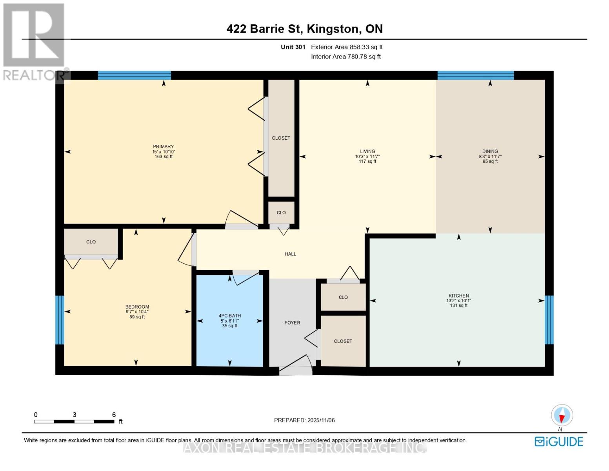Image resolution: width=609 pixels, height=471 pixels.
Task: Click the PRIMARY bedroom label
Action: pyautogui.click(x=164, y=146)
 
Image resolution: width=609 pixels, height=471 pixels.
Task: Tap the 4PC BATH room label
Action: pyautogui.click(x=229, y=316)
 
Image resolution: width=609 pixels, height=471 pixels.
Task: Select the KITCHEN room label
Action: pyautogui.click(x=458, y=296)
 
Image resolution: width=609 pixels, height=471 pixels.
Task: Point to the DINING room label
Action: pyautogui.click(x=490, y=151)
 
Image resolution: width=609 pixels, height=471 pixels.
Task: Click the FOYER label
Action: pyautogui.click(x=292, y=323)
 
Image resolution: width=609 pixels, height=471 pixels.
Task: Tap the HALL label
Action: pyautogui.click(x=290, y=254)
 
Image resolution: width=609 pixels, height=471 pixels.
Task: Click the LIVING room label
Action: pyautogui.click(x=367, y=151)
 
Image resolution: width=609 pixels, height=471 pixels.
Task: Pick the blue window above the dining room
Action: pyautogui.click(x=476, y=75)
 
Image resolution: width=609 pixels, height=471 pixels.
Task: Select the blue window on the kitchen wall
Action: pyautogui.click(x=549, y=320)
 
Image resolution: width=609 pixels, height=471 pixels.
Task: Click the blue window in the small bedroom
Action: pyautogui.click(x=60, y=320)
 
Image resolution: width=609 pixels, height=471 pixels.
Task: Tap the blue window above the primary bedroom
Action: pyautogui.click(x=134, y=75)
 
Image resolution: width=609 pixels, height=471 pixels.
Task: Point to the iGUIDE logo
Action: pyautogui.click(x=559, y=442)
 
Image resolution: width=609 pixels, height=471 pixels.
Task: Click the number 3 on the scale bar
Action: pyautogui.click(x=74, y=414)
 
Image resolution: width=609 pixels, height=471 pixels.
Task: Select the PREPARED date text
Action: pyautogui.click(x=304, y=420)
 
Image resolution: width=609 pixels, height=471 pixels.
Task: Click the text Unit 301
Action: pyautogui.click(x=293, y=47)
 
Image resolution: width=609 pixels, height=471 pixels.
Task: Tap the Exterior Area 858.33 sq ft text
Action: pyautogui.click(x=347, y=47)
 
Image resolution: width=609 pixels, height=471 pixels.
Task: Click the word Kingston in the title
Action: pyautogui.click(x=333, y=29)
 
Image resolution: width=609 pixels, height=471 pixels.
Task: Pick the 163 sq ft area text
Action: pyautogui.click(x=164, y=157)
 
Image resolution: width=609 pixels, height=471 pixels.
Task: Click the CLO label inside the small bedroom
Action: pyautogui.click(x=91, y=242)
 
